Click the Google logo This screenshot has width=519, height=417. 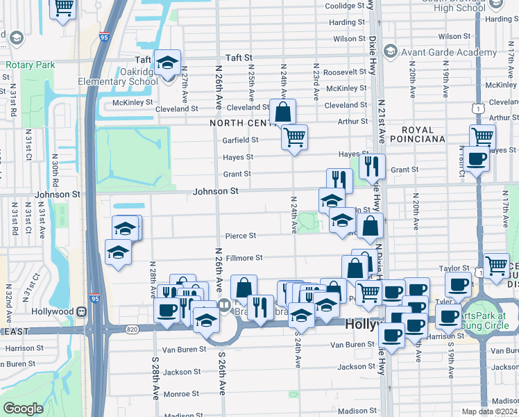coord(23,408)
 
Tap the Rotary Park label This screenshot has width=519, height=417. coord(30,65)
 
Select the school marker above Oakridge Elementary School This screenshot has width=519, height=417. coord(167,63)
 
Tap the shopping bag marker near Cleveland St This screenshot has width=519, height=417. coord(283,111)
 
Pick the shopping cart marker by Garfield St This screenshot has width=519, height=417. coord(294,137)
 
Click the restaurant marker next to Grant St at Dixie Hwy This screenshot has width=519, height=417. coord(372,166)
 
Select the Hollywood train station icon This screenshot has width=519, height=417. coord(82,311)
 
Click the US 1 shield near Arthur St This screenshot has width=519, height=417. coord(476,108)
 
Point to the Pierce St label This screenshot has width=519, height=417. coord(240,236)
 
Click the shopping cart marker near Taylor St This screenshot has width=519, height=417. coord(496,265)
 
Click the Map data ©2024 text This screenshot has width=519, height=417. coord(489,411)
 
